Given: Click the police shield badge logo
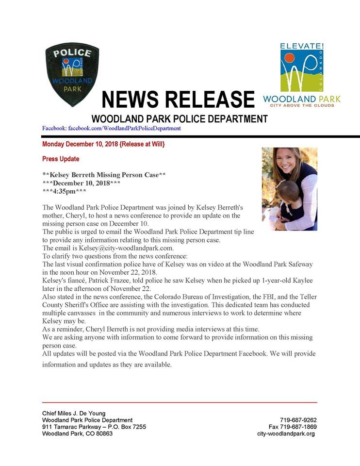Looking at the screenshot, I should tap(72, 74).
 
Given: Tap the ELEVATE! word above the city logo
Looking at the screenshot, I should tap(302, 46).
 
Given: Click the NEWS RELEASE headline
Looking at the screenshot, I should tap(178, 99).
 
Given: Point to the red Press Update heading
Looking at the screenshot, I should tap(61, 159).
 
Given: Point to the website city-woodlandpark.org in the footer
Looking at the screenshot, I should tap(286, 433).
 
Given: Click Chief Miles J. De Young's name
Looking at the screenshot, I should tap(74, 413).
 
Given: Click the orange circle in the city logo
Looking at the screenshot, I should tap(289, 58).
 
